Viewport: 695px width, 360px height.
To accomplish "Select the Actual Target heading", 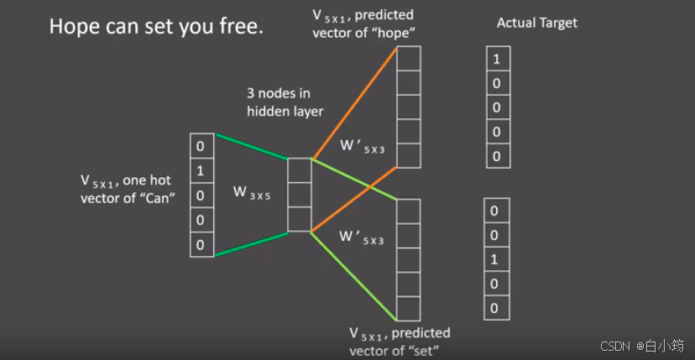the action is tap(537, 23).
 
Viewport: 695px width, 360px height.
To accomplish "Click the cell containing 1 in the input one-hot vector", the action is tap(200, 171).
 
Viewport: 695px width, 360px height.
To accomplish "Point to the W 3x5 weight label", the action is tap(251, 191).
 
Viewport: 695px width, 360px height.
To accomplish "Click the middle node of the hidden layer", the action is tap(299, 195).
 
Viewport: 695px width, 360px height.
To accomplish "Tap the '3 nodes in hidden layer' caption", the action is tap(285, 102).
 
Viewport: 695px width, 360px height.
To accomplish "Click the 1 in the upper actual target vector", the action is tap(497, 60).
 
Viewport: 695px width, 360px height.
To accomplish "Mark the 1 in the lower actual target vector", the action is tap(494, 259).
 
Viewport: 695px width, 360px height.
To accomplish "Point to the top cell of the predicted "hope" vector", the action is tap(408, 59).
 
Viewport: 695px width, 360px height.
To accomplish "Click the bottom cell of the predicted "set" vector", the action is tap(408, 309).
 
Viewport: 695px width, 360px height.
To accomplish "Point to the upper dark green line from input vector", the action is tap(252, 146).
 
